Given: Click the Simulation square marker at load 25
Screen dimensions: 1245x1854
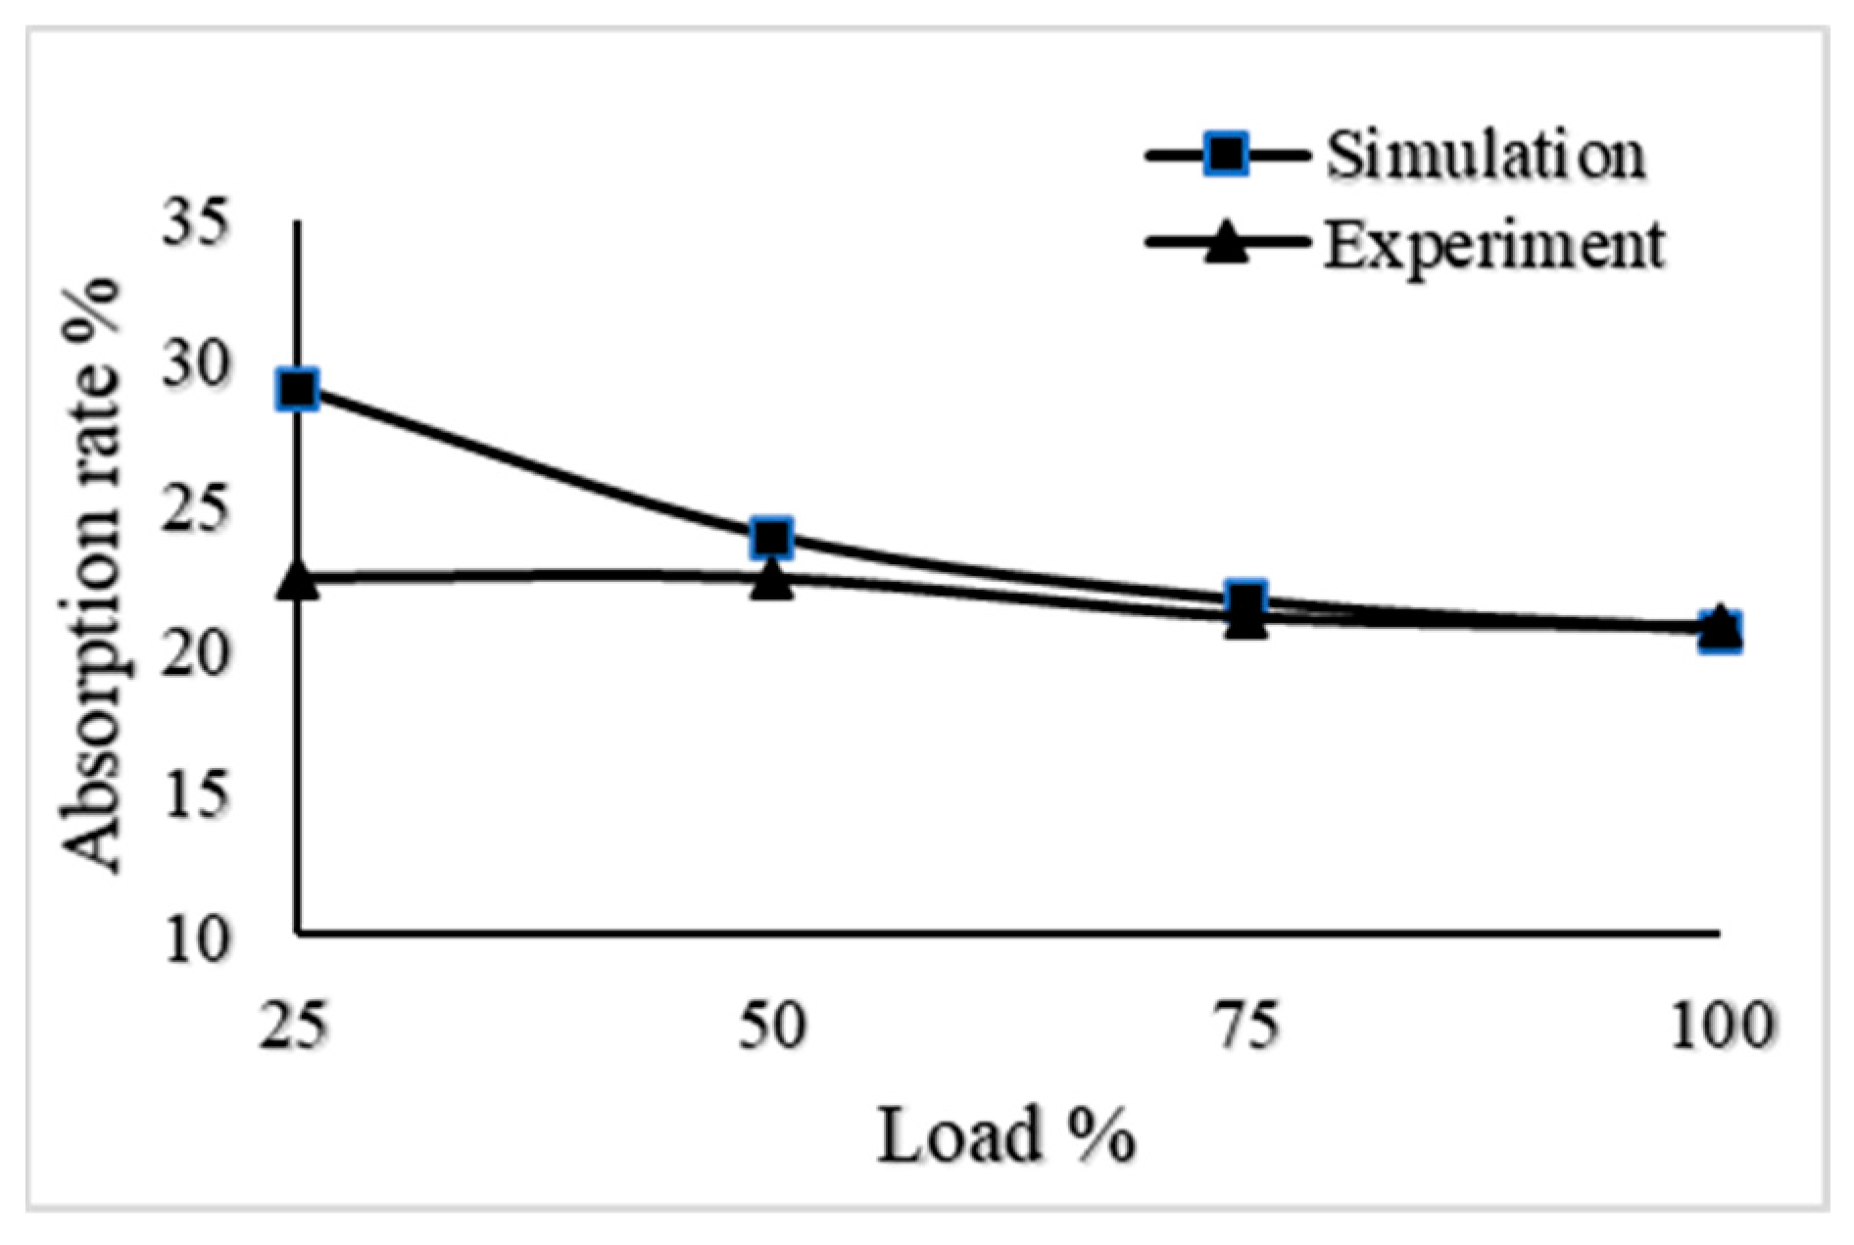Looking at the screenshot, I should (298, 390).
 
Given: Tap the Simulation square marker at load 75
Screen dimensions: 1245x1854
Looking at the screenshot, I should (1245, 599).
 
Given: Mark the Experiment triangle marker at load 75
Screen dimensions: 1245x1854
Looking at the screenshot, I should (1245, 621).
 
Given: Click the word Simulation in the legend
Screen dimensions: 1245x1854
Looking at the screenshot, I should (1486, 155).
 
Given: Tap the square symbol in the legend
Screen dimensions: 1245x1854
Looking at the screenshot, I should (1227, 155).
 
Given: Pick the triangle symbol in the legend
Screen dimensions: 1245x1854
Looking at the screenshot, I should (1227, 243).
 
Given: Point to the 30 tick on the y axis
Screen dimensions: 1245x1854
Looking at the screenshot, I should (197, 367).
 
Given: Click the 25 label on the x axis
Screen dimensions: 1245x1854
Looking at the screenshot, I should (292, 1028).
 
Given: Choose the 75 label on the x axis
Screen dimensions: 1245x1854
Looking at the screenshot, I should (1247, 1028).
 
